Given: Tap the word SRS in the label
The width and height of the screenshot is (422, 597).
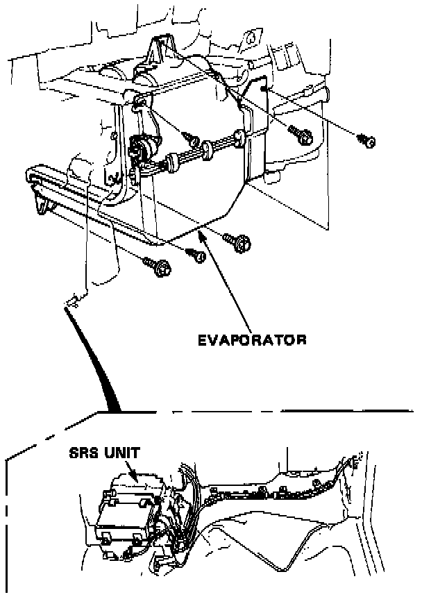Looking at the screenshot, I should (83, 453).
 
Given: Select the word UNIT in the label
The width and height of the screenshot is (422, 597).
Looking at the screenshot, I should (121, 453).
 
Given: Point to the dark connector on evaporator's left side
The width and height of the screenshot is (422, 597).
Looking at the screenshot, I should (142, 147).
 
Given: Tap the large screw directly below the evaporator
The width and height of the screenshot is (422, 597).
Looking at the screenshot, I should (239, 242).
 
